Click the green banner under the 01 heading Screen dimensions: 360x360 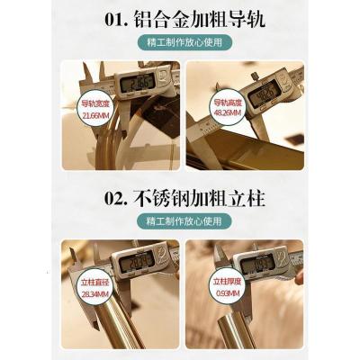(x=180, y=42)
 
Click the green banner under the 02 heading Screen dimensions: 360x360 (x=180, y=221)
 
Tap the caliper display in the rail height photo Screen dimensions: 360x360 (x=265, y=92)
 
